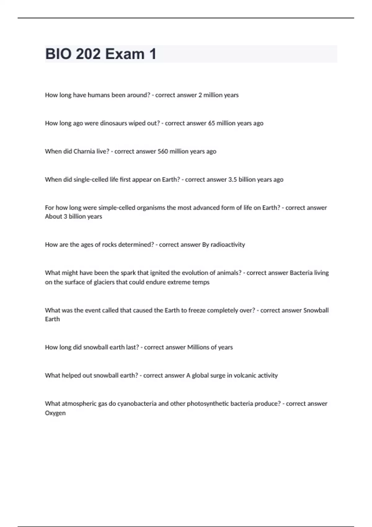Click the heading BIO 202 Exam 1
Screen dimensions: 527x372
(x=101, y=54)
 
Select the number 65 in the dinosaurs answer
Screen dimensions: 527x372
(x=211, y=123)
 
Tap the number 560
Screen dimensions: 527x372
(x=163, y=151)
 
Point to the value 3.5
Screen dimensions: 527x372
(x=232, y=179)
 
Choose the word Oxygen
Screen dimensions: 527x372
(x=55, y=413)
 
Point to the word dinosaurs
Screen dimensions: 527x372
(x=113, y=123)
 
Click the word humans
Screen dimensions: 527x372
(x=99, y=95)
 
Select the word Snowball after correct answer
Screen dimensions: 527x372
(x=316, y=310)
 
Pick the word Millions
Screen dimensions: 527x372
(x=199, y=347)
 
